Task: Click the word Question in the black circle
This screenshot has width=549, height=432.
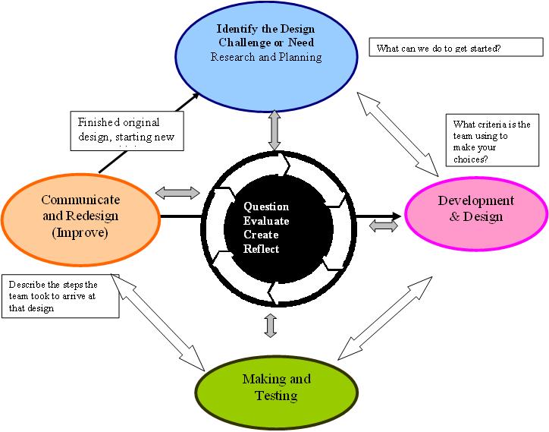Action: point(266,207)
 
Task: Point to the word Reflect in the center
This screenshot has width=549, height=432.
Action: point(262,250)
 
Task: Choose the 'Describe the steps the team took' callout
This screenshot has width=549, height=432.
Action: point(60,296)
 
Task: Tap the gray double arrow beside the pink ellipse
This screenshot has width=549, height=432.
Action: point(384,225)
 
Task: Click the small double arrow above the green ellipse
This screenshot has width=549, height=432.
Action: point(271,325)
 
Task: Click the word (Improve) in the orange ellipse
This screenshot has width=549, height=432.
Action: point(80,233)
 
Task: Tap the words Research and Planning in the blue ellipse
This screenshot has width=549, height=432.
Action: point(266,57)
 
